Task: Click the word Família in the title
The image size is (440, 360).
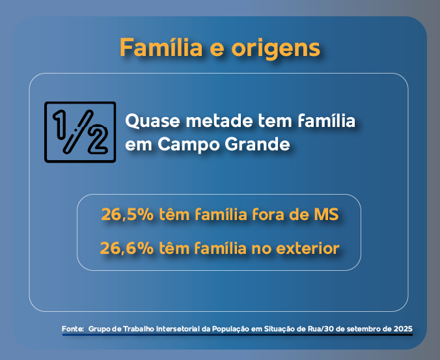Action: (161, 47)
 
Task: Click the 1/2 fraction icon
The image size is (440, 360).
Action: (80, 132)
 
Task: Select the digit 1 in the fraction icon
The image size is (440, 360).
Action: (60, 124)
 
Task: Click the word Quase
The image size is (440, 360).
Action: (152, 121)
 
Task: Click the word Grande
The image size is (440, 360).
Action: (257, 145)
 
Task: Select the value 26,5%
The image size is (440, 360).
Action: (128, 215)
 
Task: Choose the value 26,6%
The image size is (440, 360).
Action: (127, 248)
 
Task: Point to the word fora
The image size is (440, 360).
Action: (269, 215)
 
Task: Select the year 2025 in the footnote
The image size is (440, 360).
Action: (404, 329)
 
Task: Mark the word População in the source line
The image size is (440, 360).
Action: (230, 329)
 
